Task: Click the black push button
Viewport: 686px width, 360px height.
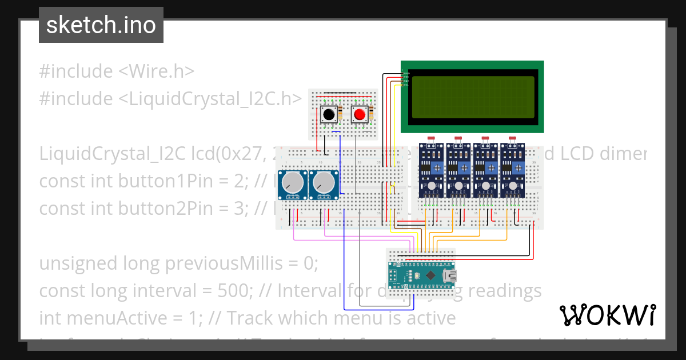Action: click(329, 115)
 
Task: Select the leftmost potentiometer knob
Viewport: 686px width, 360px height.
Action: click(293, 183)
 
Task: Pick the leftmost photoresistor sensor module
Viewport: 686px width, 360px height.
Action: click(432, 170)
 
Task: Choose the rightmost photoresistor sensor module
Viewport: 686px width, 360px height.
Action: click(513, 170)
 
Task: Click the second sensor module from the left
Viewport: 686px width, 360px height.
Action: click(458, 170)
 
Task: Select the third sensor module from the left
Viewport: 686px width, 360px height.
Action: click(486, 170)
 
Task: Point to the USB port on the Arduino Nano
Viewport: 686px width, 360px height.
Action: click(449, 275)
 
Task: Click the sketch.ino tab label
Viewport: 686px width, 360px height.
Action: click(101, 25)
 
